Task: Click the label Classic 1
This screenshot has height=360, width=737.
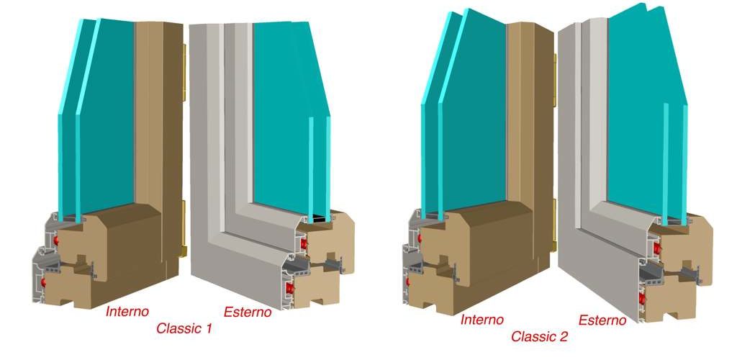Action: pos(184,328)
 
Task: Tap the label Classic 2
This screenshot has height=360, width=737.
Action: pos(540,336)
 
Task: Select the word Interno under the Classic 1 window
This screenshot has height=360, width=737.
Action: pos(127,311)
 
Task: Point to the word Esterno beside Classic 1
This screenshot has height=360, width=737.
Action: pos(248,312)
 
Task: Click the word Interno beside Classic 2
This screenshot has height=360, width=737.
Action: pos(482,320)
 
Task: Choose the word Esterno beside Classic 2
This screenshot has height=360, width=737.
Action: pos(602,320)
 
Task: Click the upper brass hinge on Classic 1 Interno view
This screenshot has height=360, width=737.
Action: pos(184,73)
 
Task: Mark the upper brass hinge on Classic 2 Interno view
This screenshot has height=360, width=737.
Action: pos(555,80)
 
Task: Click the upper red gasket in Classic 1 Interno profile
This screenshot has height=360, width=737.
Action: pos(57,240)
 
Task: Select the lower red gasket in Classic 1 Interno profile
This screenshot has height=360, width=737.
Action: pos(44,282)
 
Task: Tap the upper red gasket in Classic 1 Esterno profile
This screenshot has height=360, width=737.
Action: pos(304,243)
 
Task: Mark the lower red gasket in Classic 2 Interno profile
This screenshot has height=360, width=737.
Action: pos(408,282)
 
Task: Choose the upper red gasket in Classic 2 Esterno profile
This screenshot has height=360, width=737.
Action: pos(656,248)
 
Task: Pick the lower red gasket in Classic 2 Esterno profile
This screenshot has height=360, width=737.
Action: pos(643,297)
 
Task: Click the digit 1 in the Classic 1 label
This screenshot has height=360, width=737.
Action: pos(209,328)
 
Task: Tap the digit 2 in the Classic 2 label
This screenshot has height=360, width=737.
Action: pos(564,336)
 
